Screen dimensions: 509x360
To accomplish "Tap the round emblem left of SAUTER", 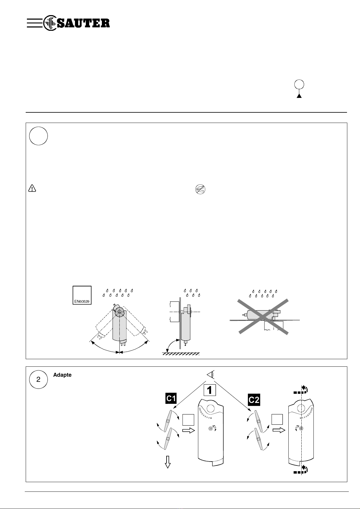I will pyautogui.click(x=49, y=23).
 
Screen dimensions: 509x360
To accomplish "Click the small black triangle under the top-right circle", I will pyautogui.click(x=299, y=96).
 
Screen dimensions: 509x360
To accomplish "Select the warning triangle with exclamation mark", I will pyautogui.click(x=32, y=188).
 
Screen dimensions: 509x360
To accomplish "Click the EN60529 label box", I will pyautogui.click(x=82, y=295).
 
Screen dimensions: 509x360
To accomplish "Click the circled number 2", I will pyautogui.click(x=38, y=379).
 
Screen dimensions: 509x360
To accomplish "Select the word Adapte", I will pyautogui.click(x=62, y=375).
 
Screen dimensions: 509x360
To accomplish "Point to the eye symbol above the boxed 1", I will pyautogui.click(x=211, y=375).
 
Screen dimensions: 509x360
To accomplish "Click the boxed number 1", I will pyautogui.click(x=209, y=390).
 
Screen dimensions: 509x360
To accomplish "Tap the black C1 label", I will pyautogui.click(x=171, y=398).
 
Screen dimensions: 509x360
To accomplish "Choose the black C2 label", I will pyautogui.click(x=254, y=400).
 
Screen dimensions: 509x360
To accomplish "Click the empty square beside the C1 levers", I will pyautogui.click(x=188, y=420).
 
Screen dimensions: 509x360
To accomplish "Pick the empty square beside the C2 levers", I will pyautogui.click(x=277, y=420).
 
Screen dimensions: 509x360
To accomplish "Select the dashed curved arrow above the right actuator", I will pyautogui.click(x=301, y=390).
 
